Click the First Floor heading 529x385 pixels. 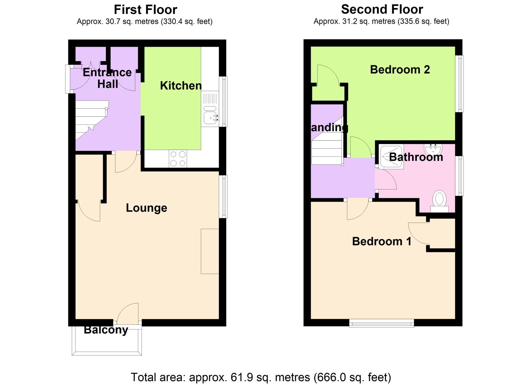[145, 10]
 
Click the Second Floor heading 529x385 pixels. [382, 9]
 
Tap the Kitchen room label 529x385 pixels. [181, 86]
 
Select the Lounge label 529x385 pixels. [146, 208]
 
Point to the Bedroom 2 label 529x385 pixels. [400, 69]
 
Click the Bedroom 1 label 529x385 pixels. [382, 241]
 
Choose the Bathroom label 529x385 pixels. [416, 157]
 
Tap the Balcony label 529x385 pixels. [106, 330]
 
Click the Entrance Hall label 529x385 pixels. [107, 78]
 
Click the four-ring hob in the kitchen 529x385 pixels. [178, 159]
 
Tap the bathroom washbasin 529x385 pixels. [433, 149]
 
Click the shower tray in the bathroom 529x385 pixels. [391, 157]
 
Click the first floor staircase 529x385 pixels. [91, 120]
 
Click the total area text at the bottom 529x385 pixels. [261, 377]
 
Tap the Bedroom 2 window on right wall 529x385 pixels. [459, 84]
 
